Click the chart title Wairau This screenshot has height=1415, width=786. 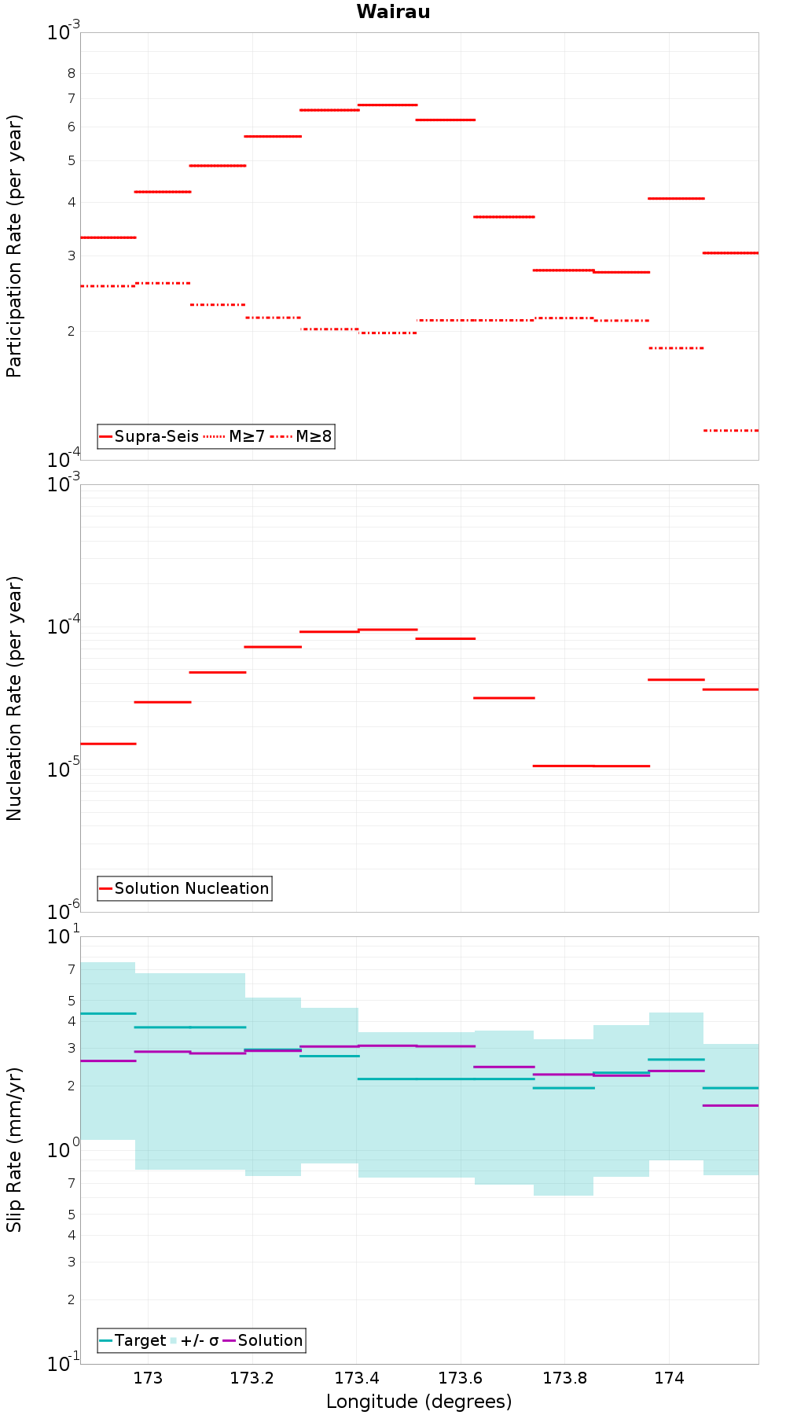pos(393,12)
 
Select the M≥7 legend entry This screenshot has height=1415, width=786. pos(234,436)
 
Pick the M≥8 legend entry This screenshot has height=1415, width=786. pos(301,436)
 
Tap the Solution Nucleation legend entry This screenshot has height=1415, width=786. pos(185,888)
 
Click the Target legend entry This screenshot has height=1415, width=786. pos(133,1340)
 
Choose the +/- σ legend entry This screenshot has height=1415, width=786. pos(195,1340)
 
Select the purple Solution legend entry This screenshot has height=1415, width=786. pos(263,1340)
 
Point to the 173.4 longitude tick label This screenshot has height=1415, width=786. pos(356,1378)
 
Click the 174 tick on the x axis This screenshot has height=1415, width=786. pos(669,1378)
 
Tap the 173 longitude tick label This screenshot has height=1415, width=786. pos(148,1378)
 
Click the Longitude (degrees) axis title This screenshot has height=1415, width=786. pos(419,1402)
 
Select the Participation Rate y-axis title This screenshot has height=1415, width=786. pos(14,246)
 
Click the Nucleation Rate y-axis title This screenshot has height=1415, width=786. pos(14,698)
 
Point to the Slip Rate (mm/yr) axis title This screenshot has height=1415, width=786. pos(14,1149)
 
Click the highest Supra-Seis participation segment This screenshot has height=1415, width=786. pos(387,105)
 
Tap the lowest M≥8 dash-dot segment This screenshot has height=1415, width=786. pos(731,430)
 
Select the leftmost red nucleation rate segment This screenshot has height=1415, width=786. pos(108,744)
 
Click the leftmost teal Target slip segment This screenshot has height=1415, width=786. pos(108,1013)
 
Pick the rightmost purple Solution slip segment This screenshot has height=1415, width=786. pos(731,1105)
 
